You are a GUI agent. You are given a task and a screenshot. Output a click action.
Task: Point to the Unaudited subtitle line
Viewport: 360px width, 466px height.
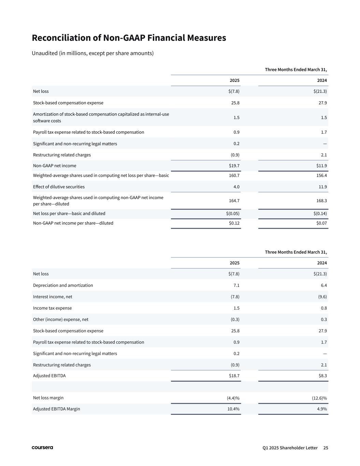(x=92, y=53)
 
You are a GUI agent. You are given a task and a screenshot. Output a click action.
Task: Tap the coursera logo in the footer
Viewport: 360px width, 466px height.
(x=42, y=448)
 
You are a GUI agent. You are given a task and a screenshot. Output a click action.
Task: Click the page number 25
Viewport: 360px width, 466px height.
(x=326, y=448)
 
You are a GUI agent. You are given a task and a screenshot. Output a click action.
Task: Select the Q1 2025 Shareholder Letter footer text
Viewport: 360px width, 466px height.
(x=290, y=448)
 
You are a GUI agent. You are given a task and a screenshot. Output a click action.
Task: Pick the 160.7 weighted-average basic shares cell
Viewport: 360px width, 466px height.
(x=234, y=175)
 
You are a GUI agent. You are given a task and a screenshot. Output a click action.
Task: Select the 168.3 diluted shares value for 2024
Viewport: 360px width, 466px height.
(x=321, y=201)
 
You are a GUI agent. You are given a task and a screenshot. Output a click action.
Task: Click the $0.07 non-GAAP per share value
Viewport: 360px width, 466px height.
(x=321, y=223)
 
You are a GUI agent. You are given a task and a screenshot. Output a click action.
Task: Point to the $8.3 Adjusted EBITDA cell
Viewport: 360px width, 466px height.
(x=322, y=376)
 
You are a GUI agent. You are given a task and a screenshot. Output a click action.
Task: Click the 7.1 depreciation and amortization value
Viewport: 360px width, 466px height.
(x=236, y=285)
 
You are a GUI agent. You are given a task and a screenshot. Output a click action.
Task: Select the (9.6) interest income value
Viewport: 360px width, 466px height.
(x=321, y=297)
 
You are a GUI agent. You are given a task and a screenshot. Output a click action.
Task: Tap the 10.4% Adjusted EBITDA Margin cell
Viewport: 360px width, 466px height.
(x=233, y=409)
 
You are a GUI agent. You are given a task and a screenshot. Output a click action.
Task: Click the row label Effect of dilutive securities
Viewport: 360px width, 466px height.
(x=59, y=187)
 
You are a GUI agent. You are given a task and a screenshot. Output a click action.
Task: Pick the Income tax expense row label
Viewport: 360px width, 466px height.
(x=52, y=308)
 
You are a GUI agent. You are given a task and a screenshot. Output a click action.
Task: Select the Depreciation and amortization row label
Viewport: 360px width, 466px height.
(x=63, y=285)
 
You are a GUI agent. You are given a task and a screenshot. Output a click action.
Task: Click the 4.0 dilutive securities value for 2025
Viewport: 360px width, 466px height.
(x=236, y=187)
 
